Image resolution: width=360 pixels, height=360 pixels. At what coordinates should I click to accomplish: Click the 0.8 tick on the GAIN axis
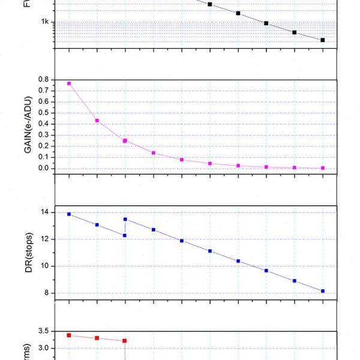(x=44, y=79)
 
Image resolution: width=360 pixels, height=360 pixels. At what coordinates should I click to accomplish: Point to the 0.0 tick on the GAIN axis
(x=44, y=168)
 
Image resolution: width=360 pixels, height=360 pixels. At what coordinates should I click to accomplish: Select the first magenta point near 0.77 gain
(x=69, y=83)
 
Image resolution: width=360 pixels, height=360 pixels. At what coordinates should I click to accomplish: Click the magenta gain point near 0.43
(x=97, y=121)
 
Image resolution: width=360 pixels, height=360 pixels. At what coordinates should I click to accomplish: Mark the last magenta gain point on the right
(x=323, y=168)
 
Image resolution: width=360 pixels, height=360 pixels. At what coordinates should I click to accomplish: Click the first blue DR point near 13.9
(x=69, y=214)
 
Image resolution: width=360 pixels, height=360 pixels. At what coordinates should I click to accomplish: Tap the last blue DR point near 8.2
(x=323, y=291)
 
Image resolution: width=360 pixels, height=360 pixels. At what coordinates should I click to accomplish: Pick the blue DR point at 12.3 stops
(x=125, y=235)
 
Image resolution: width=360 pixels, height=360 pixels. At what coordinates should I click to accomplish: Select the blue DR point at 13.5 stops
(x=125, y=219)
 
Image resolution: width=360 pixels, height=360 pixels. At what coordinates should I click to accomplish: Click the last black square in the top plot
(x=323, y=40)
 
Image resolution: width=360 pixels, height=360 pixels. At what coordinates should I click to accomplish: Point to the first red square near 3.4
(x=69, y=335)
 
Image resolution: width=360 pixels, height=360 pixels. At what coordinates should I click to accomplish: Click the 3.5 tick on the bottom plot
(x=44, y=331)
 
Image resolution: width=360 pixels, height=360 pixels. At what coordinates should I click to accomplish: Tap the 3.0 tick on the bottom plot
(x=44, y=348)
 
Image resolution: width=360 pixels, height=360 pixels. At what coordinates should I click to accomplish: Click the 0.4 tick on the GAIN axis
(x=44, y=124)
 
